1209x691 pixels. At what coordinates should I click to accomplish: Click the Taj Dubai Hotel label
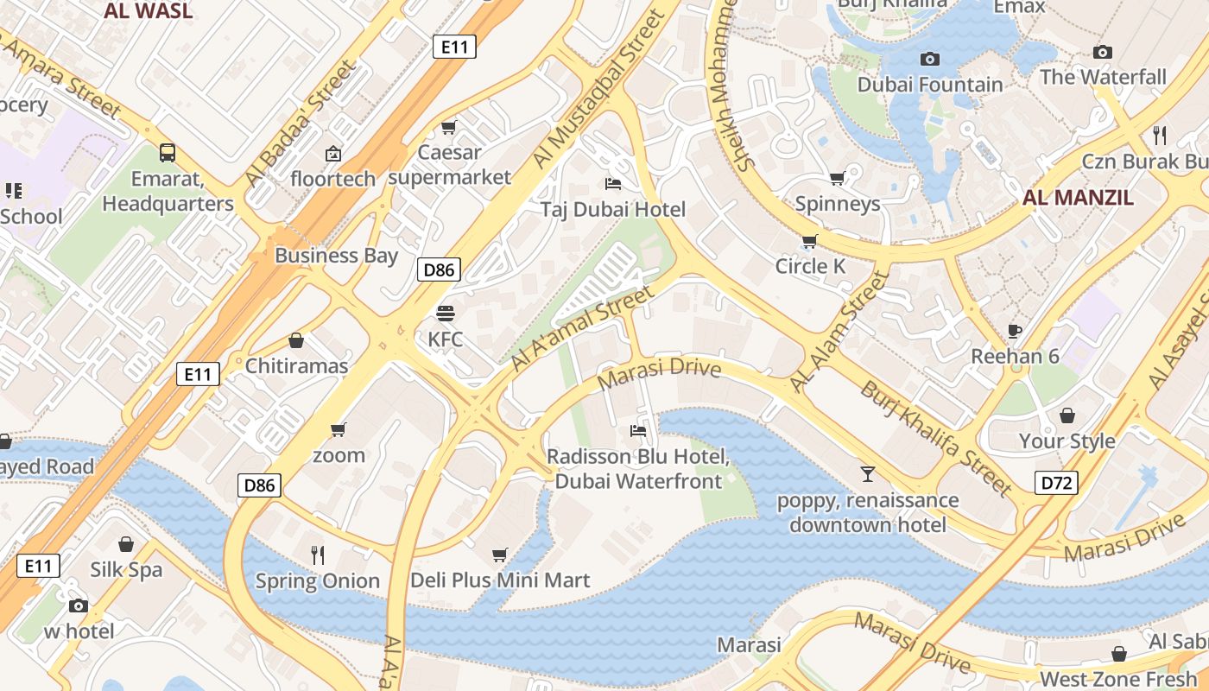[x=613, y=209]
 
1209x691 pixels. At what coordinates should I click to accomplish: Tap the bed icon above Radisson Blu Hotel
[x=638, y=430]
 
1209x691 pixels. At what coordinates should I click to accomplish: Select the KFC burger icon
[x=446, y=313]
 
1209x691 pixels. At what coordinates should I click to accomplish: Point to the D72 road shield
[x=1056, y=483]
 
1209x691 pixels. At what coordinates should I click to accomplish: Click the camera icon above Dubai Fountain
[x=929, y=59]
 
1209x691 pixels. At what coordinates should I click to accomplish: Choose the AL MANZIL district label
[x=1078, y=197]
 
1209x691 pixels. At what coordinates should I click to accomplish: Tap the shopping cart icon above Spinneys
[x=837, y=178]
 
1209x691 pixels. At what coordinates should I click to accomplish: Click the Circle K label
[x=810, y=266]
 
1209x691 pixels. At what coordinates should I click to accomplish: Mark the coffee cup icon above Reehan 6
[x=1016, y=331]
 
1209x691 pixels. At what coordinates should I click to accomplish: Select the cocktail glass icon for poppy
[x=867, y=473]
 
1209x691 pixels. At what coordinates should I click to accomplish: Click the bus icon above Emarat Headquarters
[x=168, y=153]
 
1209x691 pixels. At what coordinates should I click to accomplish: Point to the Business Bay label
[x=336, y=255]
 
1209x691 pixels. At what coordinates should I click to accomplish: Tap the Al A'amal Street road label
[x=582, y=329]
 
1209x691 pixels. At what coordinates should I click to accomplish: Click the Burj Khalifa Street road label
[x=935, y=439]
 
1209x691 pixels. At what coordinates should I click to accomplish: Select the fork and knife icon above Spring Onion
[x=318, y=555]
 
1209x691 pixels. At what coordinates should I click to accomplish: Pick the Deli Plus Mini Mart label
[x=500, y=580]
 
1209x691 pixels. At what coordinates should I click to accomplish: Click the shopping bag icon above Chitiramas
[x=296, y=340]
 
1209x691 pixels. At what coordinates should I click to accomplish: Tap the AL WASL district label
[x=148, y=11]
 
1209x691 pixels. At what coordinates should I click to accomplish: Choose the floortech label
[x=333, y=179]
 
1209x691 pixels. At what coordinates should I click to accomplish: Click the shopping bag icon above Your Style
[x=1067, y=415]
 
